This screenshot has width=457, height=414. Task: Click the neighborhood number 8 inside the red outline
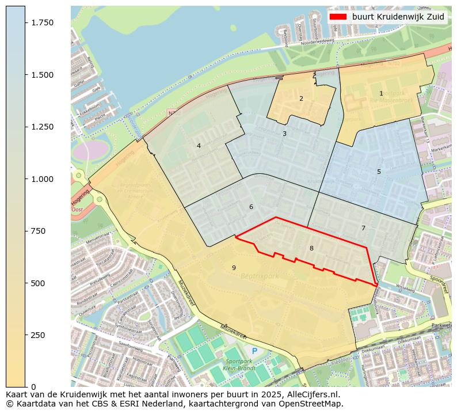311,248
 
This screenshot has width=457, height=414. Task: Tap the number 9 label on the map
234,268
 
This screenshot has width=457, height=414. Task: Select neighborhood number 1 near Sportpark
381,93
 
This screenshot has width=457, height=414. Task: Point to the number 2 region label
301,98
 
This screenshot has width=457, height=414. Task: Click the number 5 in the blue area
379,172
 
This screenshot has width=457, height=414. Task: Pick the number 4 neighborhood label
199,146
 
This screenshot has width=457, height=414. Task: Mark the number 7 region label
363,228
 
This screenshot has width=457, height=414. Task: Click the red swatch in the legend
338,17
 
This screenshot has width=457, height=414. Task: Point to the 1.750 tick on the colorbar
41,22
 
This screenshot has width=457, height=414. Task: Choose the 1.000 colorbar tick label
41,179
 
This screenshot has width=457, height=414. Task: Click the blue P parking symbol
254,351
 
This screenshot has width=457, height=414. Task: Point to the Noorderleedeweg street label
318,41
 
